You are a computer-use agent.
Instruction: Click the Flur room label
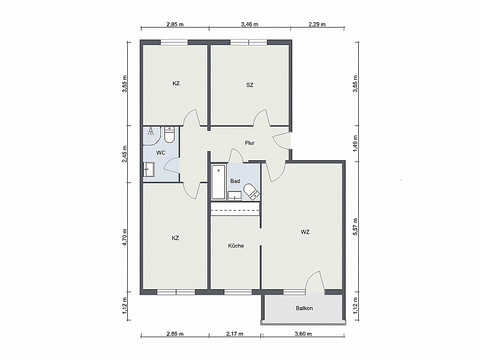250,143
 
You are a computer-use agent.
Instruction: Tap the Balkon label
304,308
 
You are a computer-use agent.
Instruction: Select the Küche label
236,246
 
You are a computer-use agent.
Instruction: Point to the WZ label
305,232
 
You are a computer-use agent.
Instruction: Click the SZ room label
250,85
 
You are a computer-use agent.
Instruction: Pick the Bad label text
235,181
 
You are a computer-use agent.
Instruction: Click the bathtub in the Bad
219,182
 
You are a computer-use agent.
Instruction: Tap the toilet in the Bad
252,191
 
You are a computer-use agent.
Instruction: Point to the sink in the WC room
149,170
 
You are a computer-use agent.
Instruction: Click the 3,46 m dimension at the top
250,25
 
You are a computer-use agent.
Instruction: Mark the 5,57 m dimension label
355,227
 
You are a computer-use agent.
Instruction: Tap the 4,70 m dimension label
125,237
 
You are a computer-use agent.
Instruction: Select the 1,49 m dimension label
355,143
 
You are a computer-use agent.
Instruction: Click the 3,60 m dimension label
303,334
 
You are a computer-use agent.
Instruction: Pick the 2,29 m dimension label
317,25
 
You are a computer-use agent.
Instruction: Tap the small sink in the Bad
235,196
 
